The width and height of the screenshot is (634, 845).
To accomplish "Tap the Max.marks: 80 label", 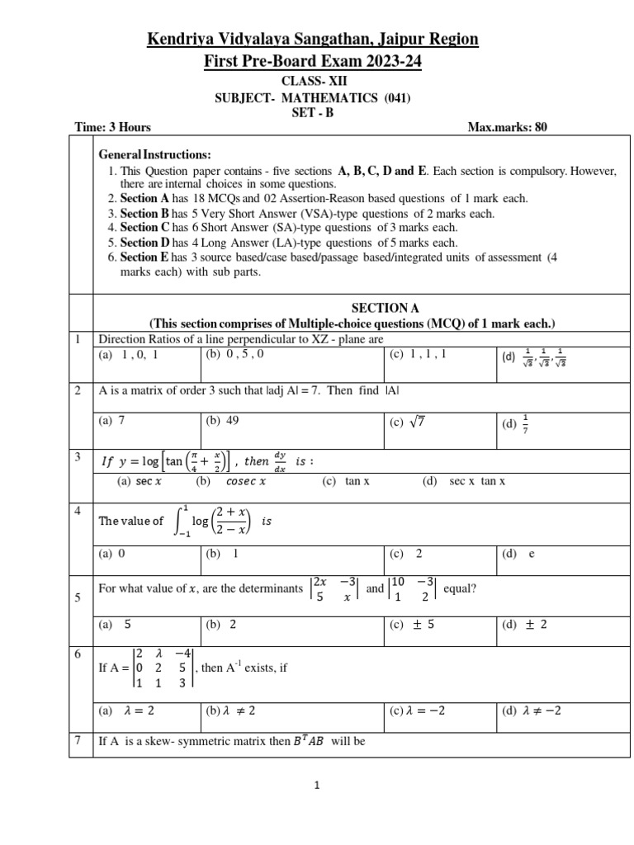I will (507, 127).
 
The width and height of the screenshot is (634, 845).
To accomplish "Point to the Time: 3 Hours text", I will (112, 127).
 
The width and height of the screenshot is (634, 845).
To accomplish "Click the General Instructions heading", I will (154, 155).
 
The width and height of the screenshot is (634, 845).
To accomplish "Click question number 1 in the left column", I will (76, 339).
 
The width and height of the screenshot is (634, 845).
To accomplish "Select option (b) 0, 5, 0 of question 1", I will (227, 356).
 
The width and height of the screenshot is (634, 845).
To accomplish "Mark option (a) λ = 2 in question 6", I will (122, 710).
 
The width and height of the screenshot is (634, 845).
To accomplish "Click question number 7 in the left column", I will (76, 740).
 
